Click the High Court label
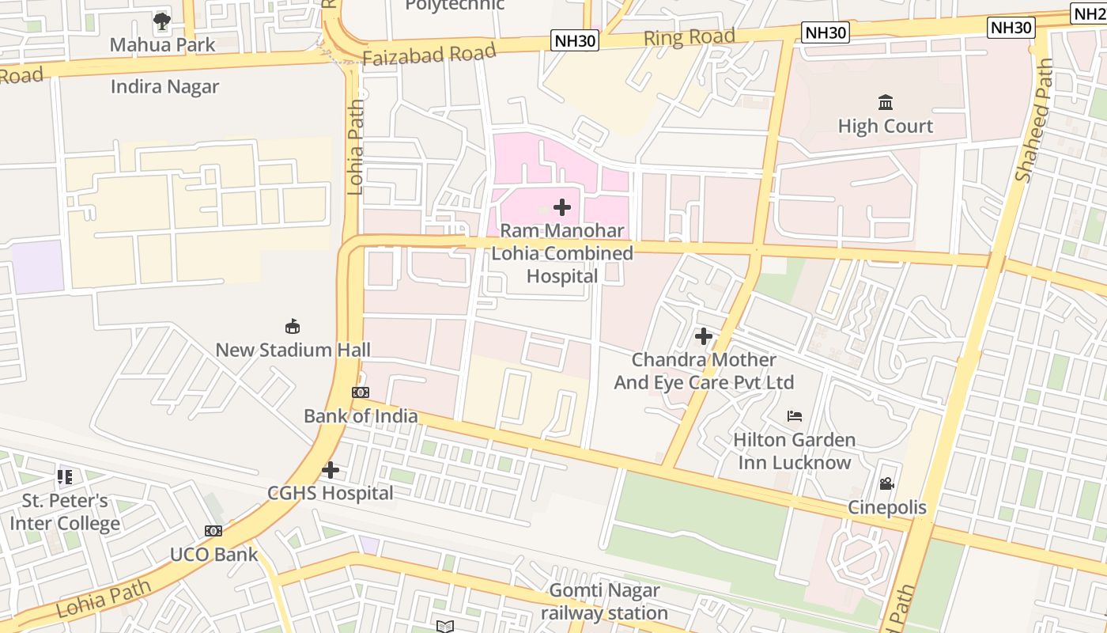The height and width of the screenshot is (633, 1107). [885, 126]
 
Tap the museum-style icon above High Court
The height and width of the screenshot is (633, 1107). [886, 103]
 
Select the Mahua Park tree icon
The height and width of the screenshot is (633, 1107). [162, 21]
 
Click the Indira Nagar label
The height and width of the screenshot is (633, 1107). [164, 86]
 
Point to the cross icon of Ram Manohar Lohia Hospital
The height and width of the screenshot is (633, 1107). [562, 207]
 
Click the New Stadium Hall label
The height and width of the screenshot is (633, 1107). [293, 350]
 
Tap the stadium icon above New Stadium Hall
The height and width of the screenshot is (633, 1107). [293, 326]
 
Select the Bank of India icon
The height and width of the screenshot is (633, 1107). [361, 392]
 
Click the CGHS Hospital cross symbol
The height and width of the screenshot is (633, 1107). [331, 470]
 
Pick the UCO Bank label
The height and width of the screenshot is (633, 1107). [213, 554]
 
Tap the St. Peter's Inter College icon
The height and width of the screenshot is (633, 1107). [65, 477]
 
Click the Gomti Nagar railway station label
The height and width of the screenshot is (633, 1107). [604, 601]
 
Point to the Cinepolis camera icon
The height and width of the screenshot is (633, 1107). [886, 483]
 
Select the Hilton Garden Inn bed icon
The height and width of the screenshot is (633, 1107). [795, 415]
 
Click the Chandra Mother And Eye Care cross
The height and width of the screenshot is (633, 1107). [704, 336]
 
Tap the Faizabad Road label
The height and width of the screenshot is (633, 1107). [429, 54]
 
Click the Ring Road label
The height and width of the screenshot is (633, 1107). [689, 36]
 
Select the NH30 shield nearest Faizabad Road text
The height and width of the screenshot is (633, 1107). [575, 40]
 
